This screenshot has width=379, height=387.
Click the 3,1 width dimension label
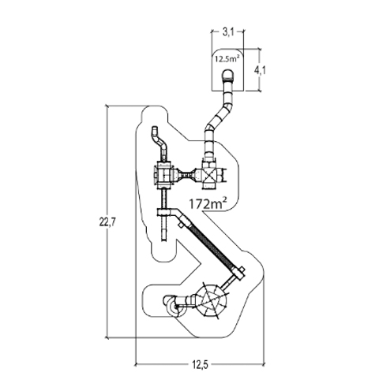228,32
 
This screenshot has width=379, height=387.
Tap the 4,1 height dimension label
260,70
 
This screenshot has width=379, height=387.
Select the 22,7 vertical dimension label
107,222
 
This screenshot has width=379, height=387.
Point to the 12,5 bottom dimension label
199,365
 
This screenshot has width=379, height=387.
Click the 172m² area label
208,203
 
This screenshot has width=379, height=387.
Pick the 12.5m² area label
227,59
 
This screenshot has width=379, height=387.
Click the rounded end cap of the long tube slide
227,74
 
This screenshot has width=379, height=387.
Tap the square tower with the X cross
209,173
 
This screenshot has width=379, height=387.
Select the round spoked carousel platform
212,300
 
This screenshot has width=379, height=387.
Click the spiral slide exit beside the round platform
174,307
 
